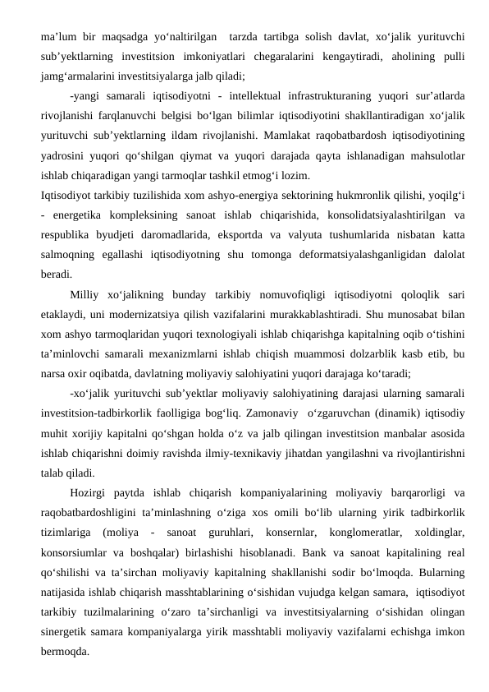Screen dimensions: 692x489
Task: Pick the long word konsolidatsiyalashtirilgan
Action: point(366,216)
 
